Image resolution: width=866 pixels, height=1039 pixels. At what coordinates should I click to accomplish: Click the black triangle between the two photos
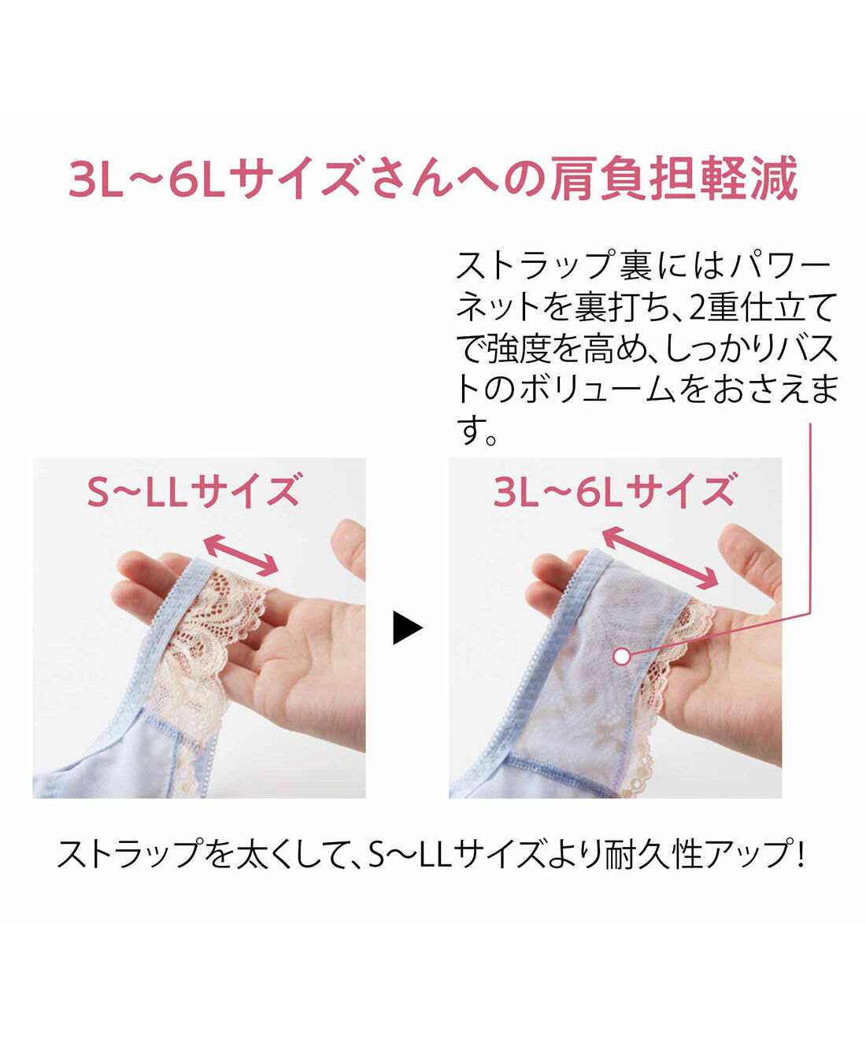(x=406, y=627)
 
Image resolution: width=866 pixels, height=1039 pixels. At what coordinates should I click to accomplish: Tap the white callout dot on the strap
(x=621, y=656)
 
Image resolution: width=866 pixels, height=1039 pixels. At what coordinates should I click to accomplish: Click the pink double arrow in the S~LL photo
(x=240, y=554)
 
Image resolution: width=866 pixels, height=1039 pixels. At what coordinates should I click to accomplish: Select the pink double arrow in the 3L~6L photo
(x=660, y=557)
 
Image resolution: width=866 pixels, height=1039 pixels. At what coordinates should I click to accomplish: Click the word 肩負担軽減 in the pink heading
(x=673, y=178)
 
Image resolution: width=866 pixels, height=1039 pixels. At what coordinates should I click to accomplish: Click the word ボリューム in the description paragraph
(x=598, y=390)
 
